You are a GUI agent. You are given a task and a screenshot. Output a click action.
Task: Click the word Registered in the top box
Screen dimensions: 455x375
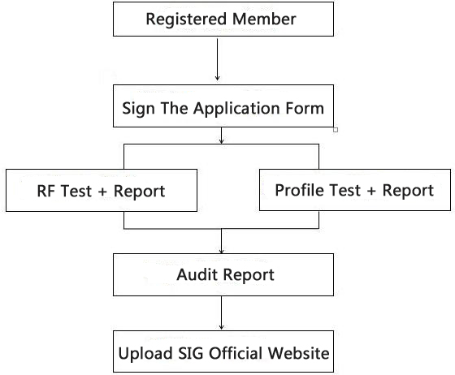tap(186, 19)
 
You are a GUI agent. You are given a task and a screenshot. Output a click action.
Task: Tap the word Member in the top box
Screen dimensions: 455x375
tap(264, 19)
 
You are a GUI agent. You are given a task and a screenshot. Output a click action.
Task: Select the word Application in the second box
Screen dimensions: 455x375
tap(236, 110)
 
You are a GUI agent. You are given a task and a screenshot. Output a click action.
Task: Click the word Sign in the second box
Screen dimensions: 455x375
tap(138, 110)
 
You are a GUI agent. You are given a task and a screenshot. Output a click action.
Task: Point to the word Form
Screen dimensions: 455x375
tap(305, 108)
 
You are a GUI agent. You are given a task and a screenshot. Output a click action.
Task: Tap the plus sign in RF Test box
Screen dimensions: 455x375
tap(102, 192)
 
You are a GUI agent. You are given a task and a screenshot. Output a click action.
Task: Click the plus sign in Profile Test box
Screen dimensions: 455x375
tap(371, 192)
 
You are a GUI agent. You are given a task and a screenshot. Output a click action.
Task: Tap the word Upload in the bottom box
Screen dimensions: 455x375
tap(145, 354)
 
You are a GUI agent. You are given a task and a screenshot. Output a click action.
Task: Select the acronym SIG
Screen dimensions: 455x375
tap(190, 353)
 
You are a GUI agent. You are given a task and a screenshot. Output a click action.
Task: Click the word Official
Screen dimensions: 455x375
tap(235, 353)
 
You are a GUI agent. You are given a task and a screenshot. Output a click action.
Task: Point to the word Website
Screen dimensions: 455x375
tap(299, 353)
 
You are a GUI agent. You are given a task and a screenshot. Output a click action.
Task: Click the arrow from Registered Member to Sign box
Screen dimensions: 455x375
tap(218, 59)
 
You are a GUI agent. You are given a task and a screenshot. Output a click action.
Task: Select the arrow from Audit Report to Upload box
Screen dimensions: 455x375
tap(221, 312)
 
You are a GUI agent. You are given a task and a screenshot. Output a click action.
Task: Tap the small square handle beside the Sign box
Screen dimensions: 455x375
tap(336, 130)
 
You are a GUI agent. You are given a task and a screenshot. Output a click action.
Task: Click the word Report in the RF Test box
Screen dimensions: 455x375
tap(139, 192)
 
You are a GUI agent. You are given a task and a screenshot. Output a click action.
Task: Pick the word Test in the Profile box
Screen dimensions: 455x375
tap(345, 190)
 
